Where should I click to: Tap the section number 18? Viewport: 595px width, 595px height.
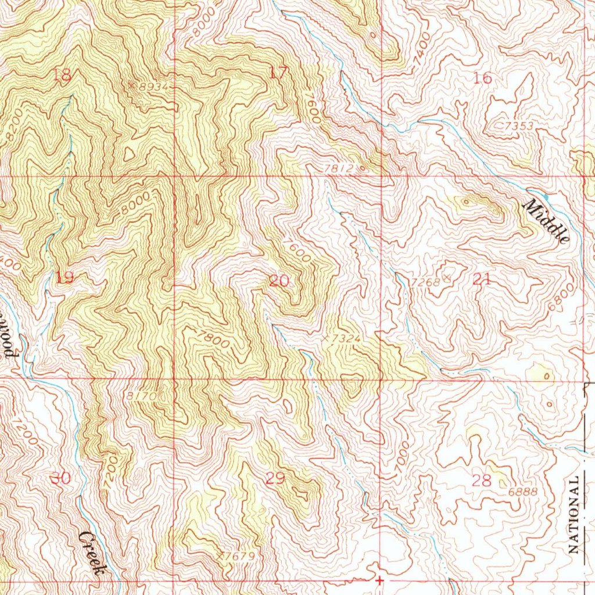pyautogui.click(x=62, y=74)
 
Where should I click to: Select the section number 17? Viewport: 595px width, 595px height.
pyautogui.click(x=279, y=73)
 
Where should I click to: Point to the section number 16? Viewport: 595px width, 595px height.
pyautogui.click(x=483, y=78)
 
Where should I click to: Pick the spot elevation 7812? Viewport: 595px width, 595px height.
pyautogui.click(x=339, y=168)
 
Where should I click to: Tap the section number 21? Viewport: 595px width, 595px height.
pyautogui.click(x=482, y=279)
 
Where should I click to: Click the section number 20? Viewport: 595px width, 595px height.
pyautogui.click(x=279, y=281)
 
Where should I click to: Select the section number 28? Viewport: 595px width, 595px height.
pyautogui.click(x=482, y=480)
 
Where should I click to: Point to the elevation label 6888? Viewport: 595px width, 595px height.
pyautogui.click(x=523, y=492)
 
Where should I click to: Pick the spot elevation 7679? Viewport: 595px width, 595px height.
pyautogui.click(x=238, y=556)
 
